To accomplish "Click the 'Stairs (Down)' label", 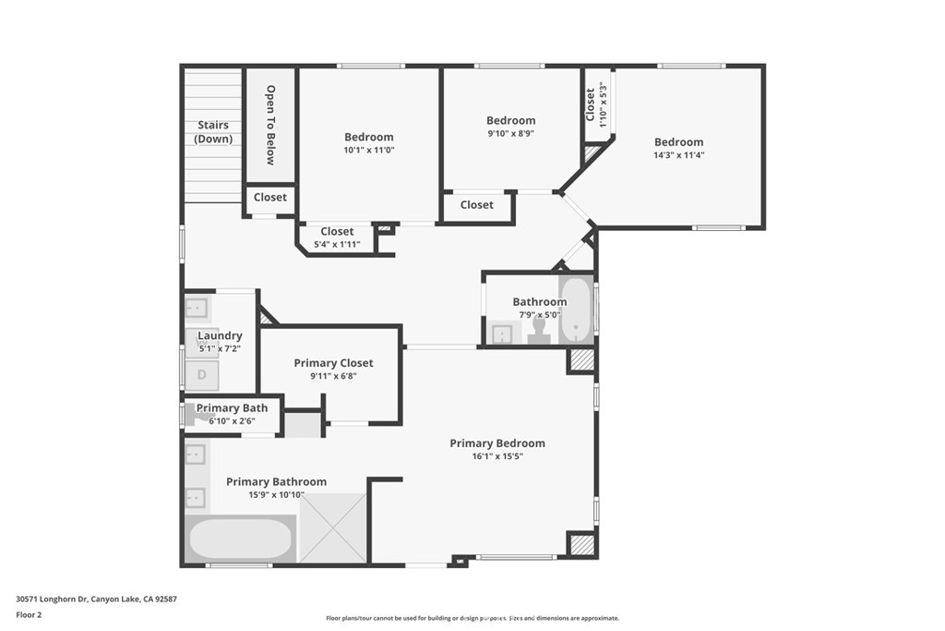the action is [213, 132].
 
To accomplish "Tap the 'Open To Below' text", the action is [270, 125].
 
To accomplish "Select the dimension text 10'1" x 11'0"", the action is [369, 151].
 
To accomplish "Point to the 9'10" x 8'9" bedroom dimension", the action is [511, 133].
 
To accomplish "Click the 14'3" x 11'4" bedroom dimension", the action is [679, 155].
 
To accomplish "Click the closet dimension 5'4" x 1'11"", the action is [337, 244].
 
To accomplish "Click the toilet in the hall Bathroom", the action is [539, 330].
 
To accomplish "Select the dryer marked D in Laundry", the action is [202, 374].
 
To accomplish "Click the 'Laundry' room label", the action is [220, 336].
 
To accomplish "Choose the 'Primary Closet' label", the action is [333, 363].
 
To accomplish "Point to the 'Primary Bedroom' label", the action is [497, 443].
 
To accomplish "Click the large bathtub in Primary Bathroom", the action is [241, 539].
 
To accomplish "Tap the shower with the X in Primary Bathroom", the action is [332, 528].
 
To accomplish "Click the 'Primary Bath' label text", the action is [232, 408].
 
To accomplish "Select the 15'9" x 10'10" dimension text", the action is [276, 495].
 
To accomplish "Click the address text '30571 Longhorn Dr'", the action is [53, 600].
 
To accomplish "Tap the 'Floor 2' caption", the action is [29, 615].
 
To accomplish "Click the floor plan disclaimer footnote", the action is [472, 618].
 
